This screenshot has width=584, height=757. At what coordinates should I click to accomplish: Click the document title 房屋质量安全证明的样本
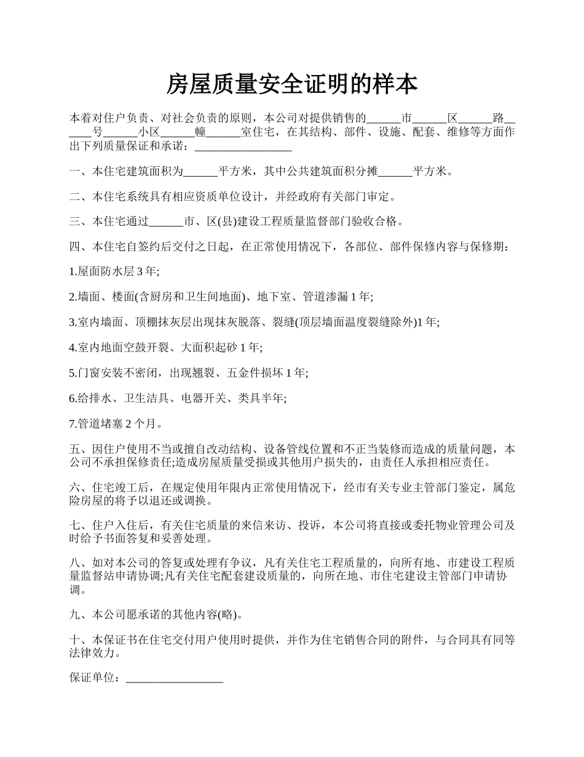point(292,85)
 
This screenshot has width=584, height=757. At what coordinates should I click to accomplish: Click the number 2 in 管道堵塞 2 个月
point(128,423)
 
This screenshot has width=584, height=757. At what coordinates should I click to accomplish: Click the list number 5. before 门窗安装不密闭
point(73,373)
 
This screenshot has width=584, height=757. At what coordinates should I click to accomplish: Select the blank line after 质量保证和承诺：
point(243,147)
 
